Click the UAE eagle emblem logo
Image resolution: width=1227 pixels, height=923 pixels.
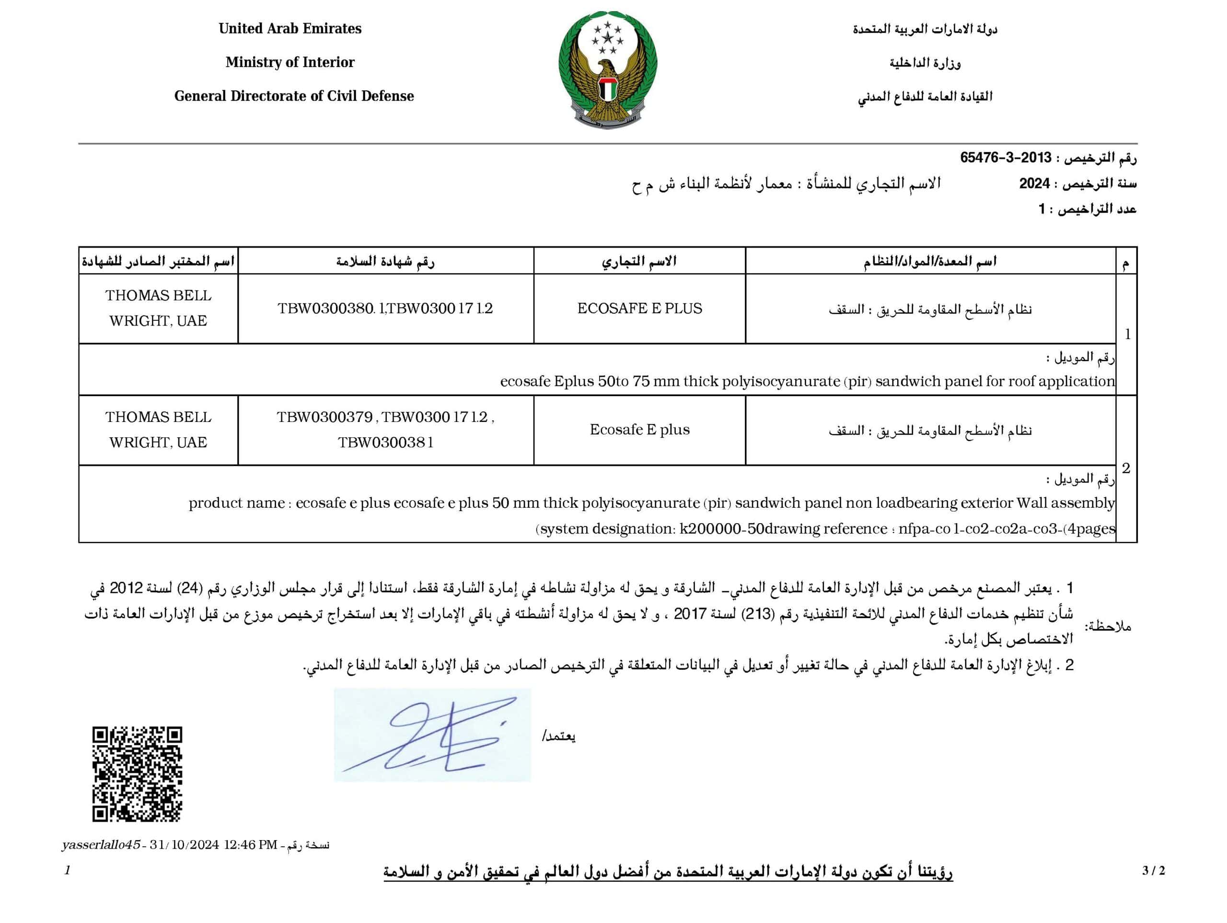[x=608, y=70]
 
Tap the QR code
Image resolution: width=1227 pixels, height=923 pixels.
[x=137, y=774]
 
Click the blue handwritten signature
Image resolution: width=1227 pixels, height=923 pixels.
[x=432, y=736]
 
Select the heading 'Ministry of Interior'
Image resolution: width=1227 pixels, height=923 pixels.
[x=289, y=62]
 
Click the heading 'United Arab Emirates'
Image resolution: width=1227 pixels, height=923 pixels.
[x=289, y=28]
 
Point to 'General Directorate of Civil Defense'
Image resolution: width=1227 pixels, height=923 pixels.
[x=294, y=96]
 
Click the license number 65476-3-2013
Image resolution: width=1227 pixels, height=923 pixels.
[x=1006, y=158]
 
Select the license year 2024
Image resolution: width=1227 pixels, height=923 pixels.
[x=1034, y=184]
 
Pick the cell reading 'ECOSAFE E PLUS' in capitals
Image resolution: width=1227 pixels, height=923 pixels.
[x=639, y=309]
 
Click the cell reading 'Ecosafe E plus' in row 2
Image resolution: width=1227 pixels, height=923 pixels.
[x=639, y=430]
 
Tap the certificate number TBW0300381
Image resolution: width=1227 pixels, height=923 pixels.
[x=385, y=443]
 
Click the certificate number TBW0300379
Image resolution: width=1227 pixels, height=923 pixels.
[x=324, y=417]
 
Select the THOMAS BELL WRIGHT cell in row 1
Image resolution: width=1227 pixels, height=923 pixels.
[x=158, y=308]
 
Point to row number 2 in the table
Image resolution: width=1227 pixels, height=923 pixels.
[x=1125, y=468]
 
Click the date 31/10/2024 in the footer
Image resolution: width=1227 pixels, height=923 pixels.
[x=184, y=845]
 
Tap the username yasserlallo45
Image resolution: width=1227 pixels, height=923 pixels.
[x=101, y=845]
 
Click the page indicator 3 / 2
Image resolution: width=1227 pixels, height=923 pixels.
[x=1153, y=871]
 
